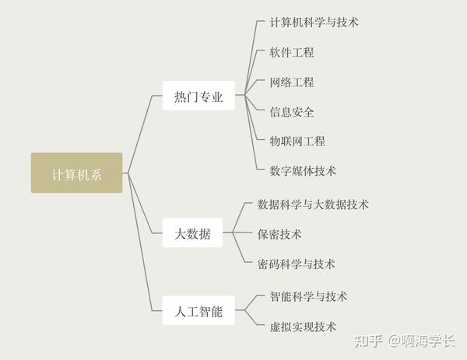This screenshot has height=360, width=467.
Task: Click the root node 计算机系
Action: pos(76,173)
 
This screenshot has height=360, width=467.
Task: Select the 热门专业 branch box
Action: pos(198,96)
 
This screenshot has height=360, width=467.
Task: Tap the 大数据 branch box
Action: pos(192,232)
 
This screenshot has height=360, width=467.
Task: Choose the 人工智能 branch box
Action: pos(198,311)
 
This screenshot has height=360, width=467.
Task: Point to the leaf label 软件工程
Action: pos(292,52)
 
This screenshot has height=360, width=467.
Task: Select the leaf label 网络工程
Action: pos(292,82)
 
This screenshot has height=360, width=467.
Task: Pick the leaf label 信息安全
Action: pos(292,111)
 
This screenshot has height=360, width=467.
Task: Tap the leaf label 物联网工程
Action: pos(297,141)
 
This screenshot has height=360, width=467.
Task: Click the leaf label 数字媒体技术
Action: pos(303,170)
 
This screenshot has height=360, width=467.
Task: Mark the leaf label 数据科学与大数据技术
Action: pos(313,204)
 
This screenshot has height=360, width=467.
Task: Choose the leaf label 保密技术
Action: pos(279,234)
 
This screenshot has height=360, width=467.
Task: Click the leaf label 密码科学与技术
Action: pos(296,264)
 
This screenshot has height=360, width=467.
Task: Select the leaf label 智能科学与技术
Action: pos(308,296)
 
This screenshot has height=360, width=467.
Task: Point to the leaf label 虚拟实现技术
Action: pos(303,326)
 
